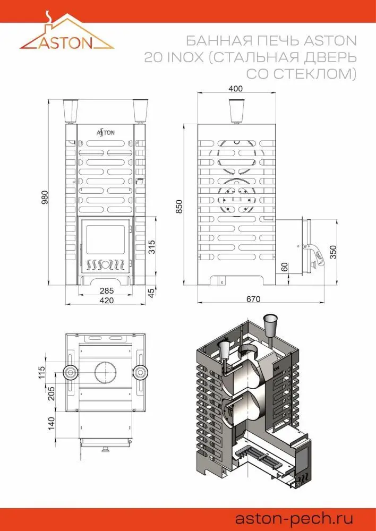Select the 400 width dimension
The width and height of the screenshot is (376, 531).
tap(236, 89)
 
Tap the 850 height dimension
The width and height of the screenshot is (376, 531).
tap(179, 207)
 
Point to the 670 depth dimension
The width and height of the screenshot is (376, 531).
tap(253, 299)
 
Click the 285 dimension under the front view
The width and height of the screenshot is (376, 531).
tap(107, 291)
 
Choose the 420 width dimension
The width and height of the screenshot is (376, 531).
tap(107, 301)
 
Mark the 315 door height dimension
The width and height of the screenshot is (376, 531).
tap(152, 247)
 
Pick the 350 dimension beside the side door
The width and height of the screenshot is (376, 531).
tap(334, 252)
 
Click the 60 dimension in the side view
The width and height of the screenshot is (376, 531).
tap(285, 267)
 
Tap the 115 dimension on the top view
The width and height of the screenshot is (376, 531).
tap(41, 373)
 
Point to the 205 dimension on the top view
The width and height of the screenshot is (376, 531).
tap(51, 393)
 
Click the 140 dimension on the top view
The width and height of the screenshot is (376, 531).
tap(51, 424)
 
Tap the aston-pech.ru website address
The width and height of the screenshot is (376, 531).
tap(294, 518)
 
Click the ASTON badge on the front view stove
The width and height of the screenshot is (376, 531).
tap(106, 132)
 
